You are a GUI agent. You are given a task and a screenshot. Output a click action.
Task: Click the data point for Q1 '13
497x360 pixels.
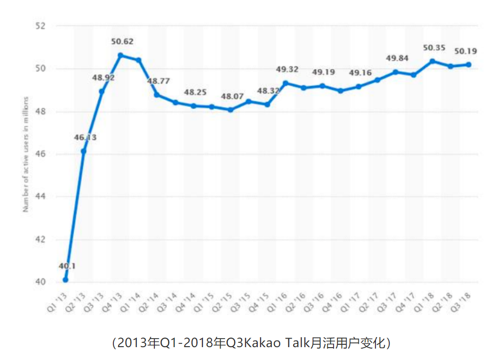(x=65, y=280)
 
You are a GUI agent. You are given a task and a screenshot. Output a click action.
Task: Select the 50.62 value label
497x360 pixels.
(x=122, y=41)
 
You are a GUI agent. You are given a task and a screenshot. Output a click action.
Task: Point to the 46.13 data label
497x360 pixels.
(x=85, y=137)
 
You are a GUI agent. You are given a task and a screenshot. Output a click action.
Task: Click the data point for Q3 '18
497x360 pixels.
(x=469, y=64)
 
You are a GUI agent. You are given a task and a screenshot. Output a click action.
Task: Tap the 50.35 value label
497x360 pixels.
(x=434, y=48)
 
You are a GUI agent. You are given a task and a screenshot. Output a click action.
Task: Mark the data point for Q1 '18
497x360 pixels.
(x=432, y=61)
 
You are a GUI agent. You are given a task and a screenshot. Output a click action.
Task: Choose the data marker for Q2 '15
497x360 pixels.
(x=230, y=110)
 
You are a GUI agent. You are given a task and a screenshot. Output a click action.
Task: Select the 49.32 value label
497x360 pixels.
(x=287, y=70)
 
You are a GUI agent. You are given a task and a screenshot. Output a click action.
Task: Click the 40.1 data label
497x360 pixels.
(x=67, y=266)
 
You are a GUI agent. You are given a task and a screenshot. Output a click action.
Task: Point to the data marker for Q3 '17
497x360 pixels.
(x=395, y=72)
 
